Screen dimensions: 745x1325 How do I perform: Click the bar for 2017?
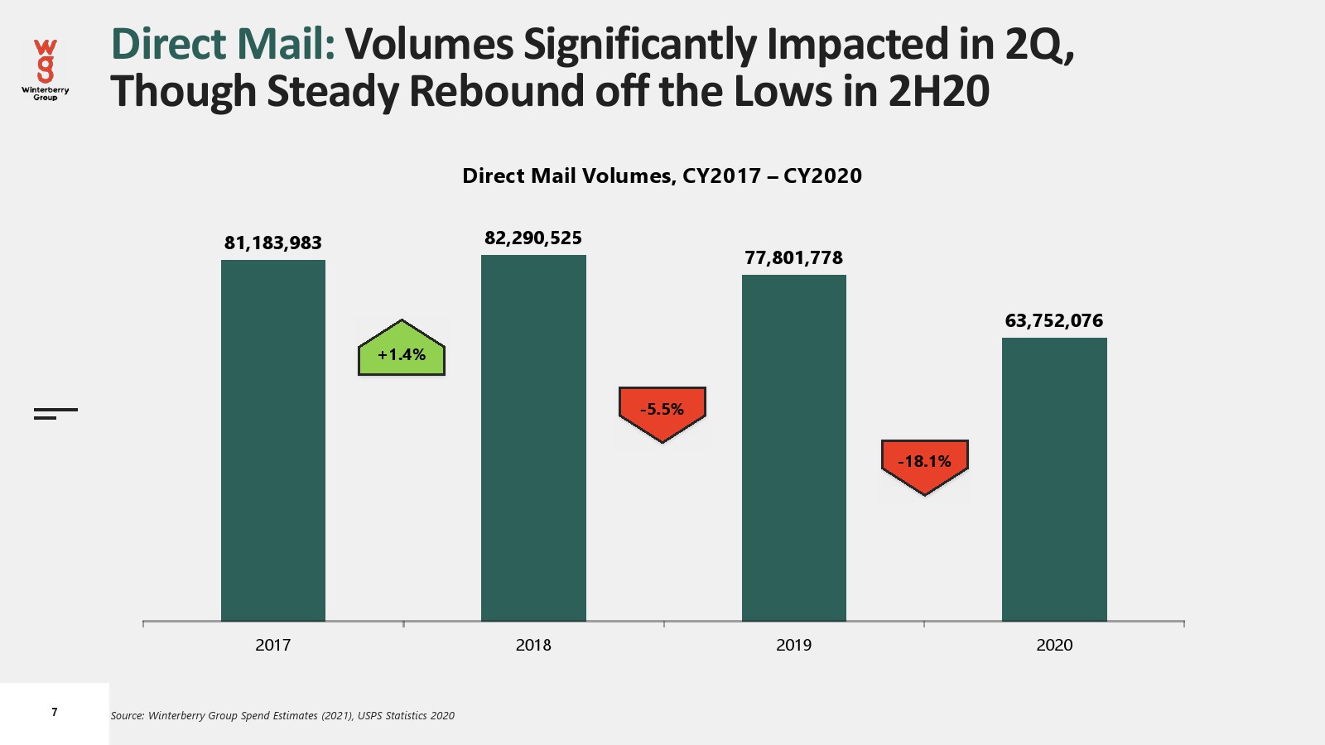pos(272,440)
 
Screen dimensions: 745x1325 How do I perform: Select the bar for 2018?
pos(533,438)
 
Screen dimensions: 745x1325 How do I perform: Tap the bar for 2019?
pos(793,448)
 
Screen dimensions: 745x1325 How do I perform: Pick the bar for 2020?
pos(1054,479)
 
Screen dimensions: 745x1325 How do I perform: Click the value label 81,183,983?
pos(272,243)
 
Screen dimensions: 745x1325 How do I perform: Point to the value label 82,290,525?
pos(533,238)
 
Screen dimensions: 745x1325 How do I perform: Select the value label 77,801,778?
pos(793,258)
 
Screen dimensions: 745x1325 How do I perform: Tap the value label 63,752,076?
pos(1054,321)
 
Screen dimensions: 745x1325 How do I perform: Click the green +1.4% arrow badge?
pos(402,352)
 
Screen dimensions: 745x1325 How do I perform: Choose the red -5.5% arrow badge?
pos(662,411)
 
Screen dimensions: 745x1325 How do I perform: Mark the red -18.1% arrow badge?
pos(924,464)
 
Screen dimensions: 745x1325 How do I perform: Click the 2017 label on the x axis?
pos(272,646)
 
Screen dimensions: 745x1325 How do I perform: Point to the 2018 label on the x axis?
pos(533,646)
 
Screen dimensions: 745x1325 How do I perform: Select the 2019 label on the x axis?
pos(793,646)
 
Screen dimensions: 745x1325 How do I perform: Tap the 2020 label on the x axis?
pos(1054,646)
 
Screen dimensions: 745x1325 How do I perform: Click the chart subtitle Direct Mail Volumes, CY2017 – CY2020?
pos(662,176)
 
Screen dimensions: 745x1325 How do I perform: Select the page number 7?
pos(55,713)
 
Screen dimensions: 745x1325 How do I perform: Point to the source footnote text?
pos(282,716)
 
